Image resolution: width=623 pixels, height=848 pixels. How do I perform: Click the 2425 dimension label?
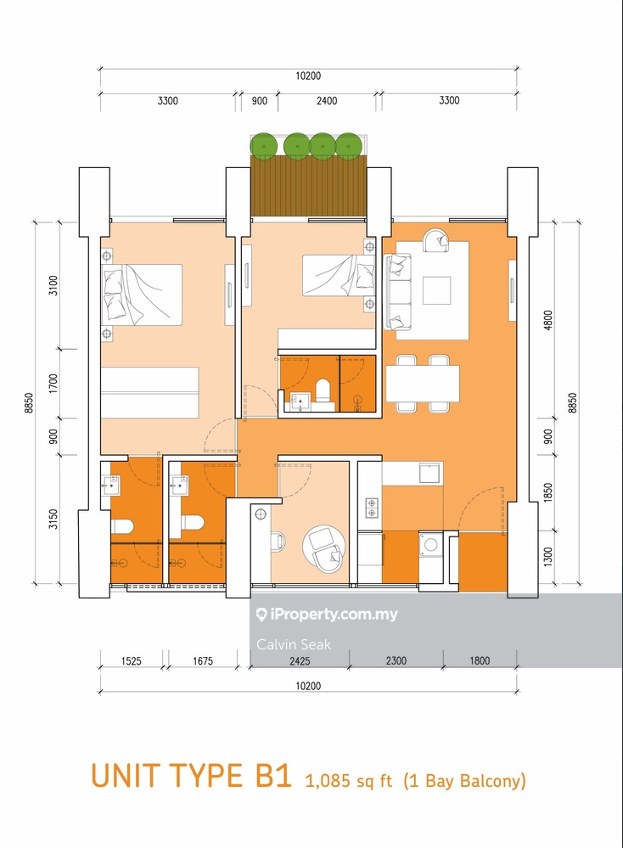(299, 660)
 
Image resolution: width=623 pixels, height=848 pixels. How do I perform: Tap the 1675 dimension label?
(203, 660)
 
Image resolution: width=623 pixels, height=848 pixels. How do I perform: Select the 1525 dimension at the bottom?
(132, 660)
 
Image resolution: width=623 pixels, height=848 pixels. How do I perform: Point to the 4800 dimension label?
(548, 321)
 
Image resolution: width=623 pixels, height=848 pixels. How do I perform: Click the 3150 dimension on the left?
(53, 519)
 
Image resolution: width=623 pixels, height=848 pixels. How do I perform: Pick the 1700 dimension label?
(53, 383)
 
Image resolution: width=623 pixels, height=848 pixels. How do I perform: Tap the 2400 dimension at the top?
(327, 101)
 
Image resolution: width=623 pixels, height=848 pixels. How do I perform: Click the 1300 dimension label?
(548, 557)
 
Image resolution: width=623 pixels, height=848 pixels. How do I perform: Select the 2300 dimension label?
(396, 660)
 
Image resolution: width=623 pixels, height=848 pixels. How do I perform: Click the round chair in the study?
(323, 551)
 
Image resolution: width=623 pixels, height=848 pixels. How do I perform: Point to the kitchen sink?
(430, 473)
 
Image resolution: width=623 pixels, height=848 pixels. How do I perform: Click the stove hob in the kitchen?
(372, 508)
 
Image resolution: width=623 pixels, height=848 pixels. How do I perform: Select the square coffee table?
(437, 290)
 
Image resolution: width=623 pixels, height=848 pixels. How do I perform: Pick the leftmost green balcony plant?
(264, 145)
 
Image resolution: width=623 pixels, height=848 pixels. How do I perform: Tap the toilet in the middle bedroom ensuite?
(323, 391)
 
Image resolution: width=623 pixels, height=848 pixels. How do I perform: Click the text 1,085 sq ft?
(349, 780)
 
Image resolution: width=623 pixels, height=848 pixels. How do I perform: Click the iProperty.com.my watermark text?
(327, 614)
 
